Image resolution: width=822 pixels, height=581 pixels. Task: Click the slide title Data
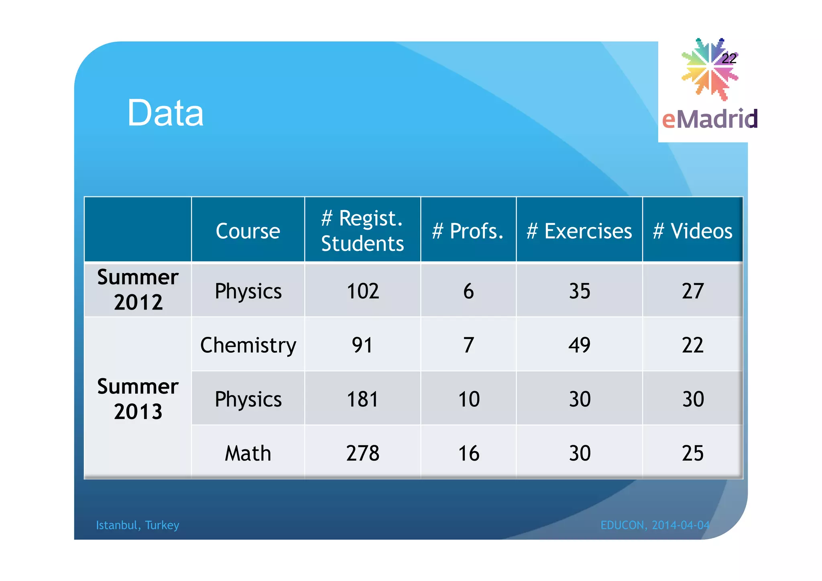point(165,113)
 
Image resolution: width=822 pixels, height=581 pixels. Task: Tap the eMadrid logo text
point(710,119)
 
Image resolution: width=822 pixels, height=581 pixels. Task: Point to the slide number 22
point(729,59)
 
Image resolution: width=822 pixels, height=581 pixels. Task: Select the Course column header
point(248,231)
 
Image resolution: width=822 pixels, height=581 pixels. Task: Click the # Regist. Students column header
point(362,231)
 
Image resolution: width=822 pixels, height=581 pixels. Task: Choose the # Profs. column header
point(468,231)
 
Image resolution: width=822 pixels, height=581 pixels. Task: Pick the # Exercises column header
point(579,231)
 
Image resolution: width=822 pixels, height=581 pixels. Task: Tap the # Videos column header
point(692,231)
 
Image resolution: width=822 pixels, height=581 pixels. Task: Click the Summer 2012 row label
point(138,289)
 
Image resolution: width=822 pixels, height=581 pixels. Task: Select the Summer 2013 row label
point(138,399)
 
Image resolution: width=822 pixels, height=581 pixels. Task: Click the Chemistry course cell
point(248,345)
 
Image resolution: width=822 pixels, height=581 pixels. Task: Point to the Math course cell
point(248,453)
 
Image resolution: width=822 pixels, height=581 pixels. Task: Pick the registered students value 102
point(363,291)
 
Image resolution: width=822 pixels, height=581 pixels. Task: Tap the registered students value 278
point(363,453)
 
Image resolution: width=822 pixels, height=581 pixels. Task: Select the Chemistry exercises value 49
point(580,345)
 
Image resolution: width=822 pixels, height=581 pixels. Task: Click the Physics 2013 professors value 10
point(469,399)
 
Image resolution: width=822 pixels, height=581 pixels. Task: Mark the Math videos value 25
point(693,453)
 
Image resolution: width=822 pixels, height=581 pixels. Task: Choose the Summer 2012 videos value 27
point(693,291)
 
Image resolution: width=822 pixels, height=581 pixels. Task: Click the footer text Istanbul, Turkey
point(137,525)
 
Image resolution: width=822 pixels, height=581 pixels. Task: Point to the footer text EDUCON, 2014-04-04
point(655,525)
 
